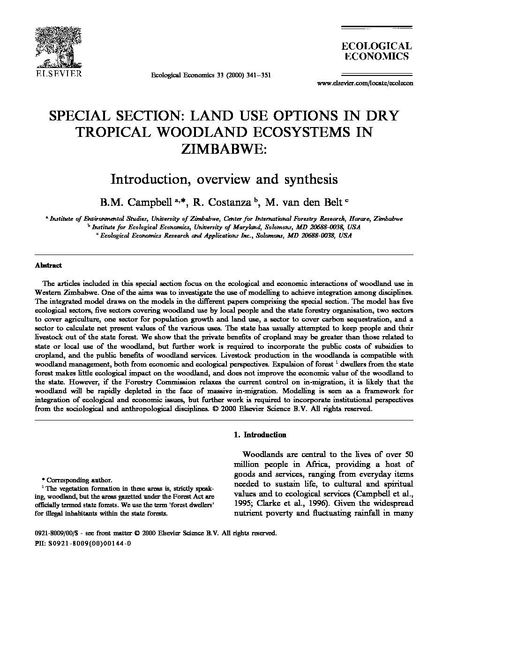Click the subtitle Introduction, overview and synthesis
[x=224, y=179]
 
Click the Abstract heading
[x=48, y=265]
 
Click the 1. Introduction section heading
[x=260, y=435]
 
